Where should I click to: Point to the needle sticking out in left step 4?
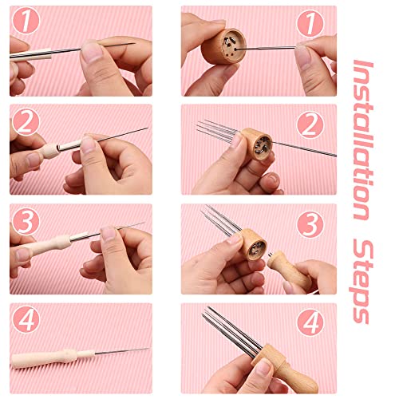120,351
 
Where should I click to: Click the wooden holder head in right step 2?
257,144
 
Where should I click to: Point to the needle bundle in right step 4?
227,327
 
